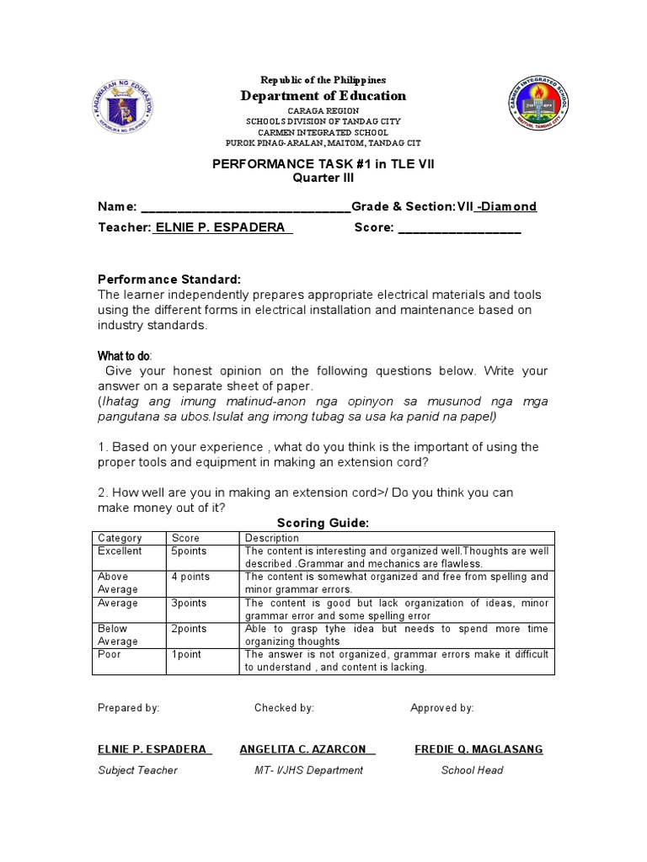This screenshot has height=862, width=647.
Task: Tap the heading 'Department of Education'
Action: [x=323, y=96]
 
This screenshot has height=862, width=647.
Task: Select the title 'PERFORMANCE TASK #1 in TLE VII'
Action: [x=323, y=164]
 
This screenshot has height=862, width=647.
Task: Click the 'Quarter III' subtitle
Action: [x=323, y=178]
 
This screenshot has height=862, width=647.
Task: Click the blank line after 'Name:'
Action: [x=244, y=207]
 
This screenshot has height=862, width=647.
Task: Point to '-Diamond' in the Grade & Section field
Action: [x=505, y=206]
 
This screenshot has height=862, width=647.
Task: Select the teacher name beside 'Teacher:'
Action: [x=222, y=228]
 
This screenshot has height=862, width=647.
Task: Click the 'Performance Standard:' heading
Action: [x=170, y=279]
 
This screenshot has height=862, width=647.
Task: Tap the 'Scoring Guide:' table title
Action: [x=323, y=523]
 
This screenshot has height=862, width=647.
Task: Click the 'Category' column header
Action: [x=120, y=538]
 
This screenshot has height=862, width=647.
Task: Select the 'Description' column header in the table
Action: [x=272, y=538]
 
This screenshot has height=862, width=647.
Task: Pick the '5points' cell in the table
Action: [x=189, y=551]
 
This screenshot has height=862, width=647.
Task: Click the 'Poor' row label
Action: [x=109, y=654]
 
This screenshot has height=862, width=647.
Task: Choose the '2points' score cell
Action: [x=189, y=629]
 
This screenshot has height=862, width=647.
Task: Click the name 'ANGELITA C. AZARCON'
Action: [x=307, y=749]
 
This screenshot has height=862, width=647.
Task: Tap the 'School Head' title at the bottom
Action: [x=472, y=770]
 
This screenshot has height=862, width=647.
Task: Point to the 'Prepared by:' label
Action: [x=129, y=708]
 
